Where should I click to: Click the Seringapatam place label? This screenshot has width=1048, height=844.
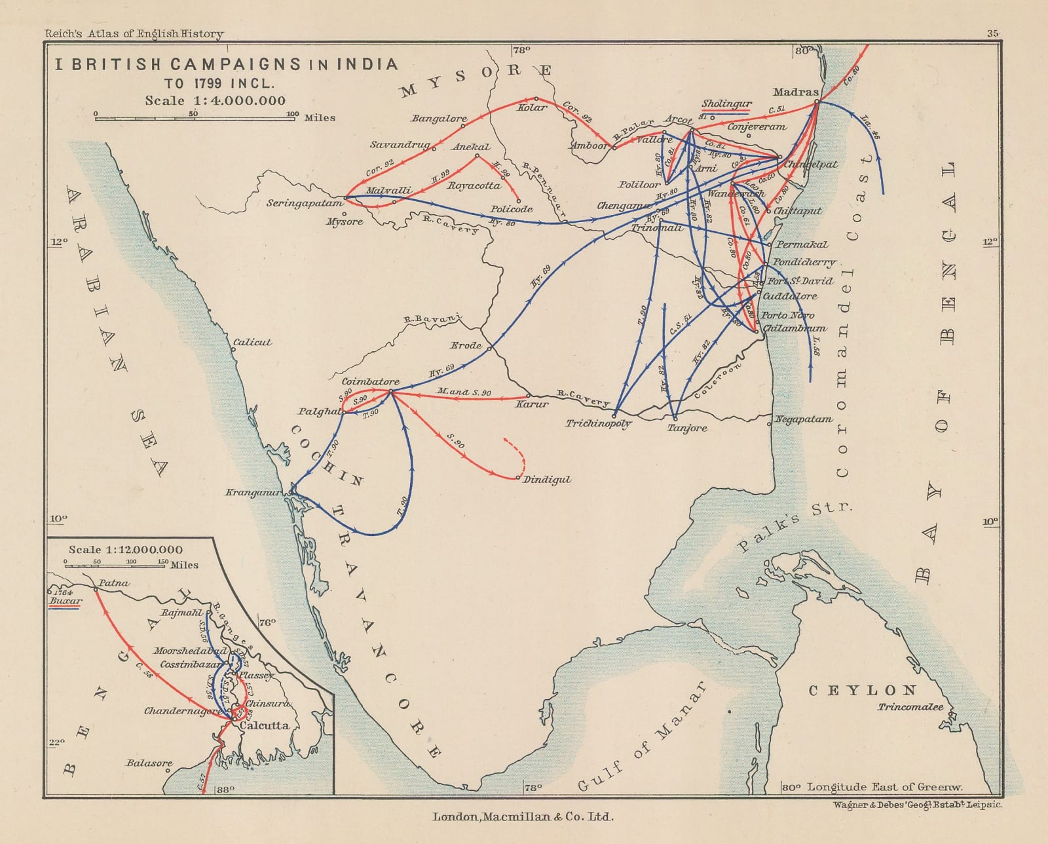(305, 203)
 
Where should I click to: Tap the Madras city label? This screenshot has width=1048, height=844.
(795, 92)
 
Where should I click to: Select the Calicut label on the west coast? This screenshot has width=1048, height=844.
(252, 342)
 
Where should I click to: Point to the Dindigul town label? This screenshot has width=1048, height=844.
(547, 480)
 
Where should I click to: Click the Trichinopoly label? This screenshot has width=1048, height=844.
(599, 424)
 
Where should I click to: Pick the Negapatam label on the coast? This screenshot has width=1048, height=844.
(804, 419)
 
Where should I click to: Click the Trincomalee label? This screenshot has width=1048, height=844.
(910, 707)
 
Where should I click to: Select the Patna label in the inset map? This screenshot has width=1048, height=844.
(114, 583)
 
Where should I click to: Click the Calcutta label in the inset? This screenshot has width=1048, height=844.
(264, 725)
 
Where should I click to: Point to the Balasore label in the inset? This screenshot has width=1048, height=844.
(149, 763)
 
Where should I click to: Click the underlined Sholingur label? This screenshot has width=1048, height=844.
(726, 104)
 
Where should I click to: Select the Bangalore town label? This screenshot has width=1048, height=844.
(439, 119)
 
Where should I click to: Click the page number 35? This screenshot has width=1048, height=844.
(992, 33)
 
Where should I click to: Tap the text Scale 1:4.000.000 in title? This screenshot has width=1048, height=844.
(215, 100)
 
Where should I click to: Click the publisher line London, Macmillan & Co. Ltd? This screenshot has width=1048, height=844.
(523, 816)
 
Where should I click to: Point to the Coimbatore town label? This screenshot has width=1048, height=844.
(370, 381)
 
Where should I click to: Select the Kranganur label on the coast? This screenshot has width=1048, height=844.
(253, 493)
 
